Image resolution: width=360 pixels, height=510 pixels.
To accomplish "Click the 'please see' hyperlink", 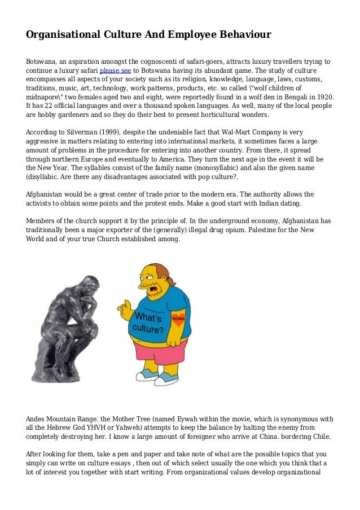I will [x=115, y=71].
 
